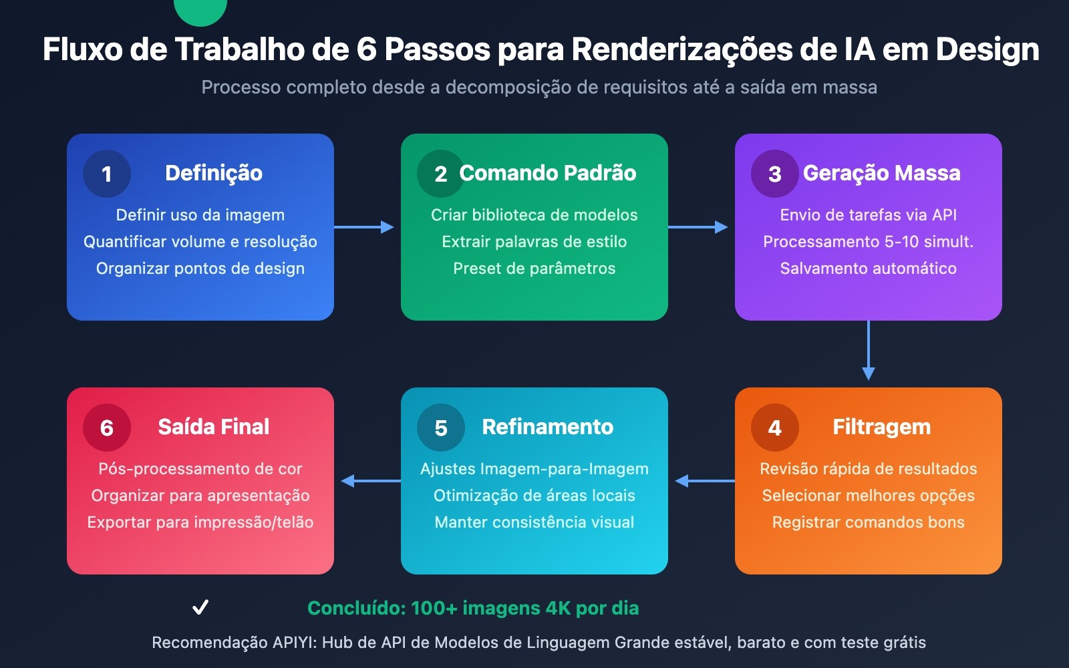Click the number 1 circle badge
tap(107, 174)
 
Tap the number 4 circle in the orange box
tap(775, 428)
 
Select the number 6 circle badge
tap(107, 428)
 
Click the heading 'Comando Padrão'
tap(548, 173)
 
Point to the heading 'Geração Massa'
tap(881, 173)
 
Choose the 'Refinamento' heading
tap(548, 427)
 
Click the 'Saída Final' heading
tap(214, 427)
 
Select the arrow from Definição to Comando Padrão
tap(365, 227)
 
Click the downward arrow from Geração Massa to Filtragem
tap(869, 351)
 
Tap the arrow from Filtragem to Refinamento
tap(704, 481)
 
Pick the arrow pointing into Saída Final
tap(370, 481)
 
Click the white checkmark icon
tap(200, 607)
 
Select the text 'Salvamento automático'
tap(869, 269)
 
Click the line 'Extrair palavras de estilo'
tap(534, 242)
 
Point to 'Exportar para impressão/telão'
tap(200, 522)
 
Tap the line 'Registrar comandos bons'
tap(869, 522)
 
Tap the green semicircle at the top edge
tap(200, 10)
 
